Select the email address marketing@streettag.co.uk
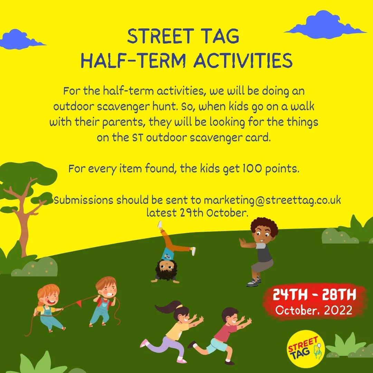[x=272, y=200]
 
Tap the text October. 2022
[x=314, y=310]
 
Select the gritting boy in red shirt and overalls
[x=103, y=300]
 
